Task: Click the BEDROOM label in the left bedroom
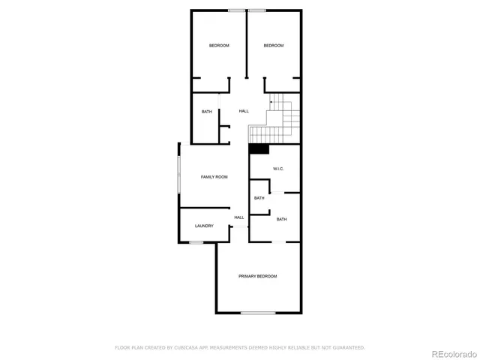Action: (219, 46)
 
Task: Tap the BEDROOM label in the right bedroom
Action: (274, 46)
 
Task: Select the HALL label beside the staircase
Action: (244, 112)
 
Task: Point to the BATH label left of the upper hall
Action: (206, 112)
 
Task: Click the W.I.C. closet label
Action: (277, 169)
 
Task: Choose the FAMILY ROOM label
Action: (214, 177)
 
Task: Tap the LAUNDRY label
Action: (204, 226)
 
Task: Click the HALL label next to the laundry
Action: (239, 217)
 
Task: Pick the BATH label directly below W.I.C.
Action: (259, 198)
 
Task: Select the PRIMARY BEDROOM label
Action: (258, 277)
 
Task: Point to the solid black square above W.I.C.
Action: (259, 148)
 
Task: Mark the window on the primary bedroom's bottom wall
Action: (258, 312)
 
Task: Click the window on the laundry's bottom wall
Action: (196, 242)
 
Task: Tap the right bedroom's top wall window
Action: (257, 10)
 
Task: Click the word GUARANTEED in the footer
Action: (346, 348)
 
